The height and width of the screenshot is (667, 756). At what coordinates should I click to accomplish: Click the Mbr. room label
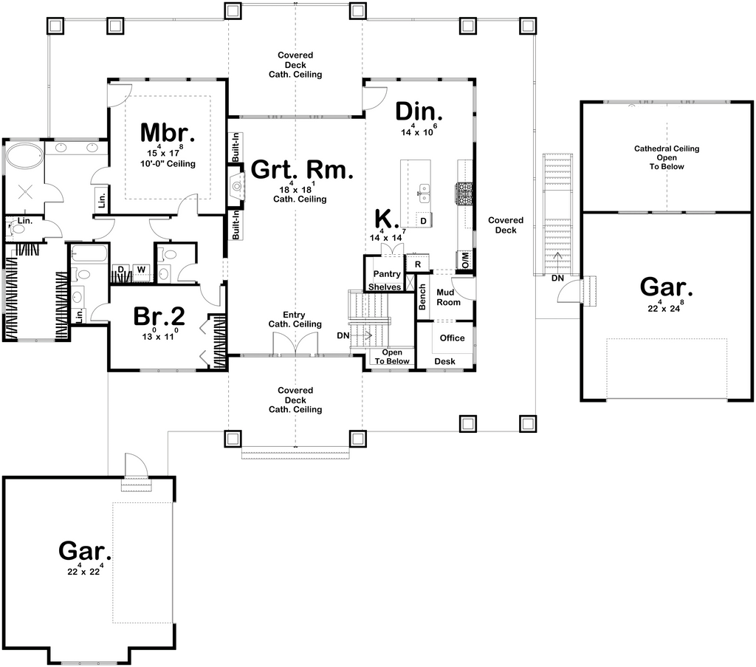tap(168, 133)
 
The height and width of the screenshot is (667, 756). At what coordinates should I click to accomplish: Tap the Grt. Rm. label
tap(302, 170)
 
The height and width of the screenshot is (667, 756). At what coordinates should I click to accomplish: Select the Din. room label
tap(419, 112)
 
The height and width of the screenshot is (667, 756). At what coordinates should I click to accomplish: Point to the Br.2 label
tap(159, 316)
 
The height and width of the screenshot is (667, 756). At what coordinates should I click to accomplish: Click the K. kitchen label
tap(387, 219)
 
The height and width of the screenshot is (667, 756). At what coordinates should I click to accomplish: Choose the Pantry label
tap(387, 274)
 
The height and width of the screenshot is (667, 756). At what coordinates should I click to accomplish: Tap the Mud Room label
tap(448, 297)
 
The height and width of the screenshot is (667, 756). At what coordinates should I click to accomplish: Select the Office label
tap(453, 338)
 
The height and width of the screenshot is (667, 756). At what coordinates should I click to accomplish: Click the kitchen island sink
tap(424, 194)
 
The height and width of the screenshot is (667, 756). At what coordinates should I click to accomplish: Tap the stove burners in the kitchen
tap(464, 194)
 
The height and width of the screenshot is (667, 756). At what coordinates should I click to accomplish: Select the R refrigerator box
tap(418, 264)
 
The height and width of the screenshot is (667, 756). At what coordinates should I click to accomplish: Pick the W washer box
tap(141, 269)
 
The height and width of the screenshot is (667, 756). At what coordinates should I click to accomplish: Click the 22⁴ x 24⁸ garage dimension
tap(666, 307)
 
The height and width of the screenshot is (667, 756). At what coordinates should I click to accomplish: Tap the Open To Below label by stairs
tap(392, 357)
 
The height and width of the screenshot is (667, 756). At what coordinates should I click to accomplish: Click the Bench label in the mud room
tap(422, 297)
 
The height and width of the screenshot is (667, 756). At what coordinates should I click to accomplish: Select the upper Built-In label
tap(236, 148)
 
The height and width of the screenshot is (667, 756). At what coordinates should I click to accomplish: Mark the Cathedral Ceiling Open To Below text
tap(667, 158)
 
